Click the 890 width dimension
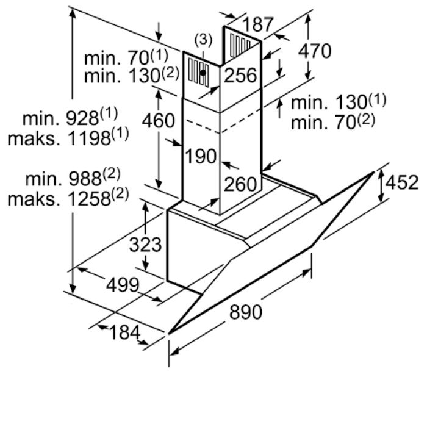246,312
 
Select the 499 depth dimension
123,285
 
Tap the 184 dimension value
124,332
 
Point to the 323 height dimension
145,244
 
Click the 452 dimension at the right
402,182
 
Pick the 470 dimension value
315,51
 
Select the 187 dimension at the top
257,24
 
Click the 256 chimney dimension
240,75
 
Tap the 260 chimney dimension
240,184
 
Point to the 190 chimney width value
201,156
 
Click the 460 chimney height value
158,121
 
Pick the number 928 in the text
83,119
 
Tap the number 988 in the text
85,179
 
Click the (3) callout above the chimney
203,40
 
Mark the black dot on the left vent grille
203,73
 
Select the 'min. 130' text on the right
330,102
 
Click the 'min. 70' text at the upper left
117,58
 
